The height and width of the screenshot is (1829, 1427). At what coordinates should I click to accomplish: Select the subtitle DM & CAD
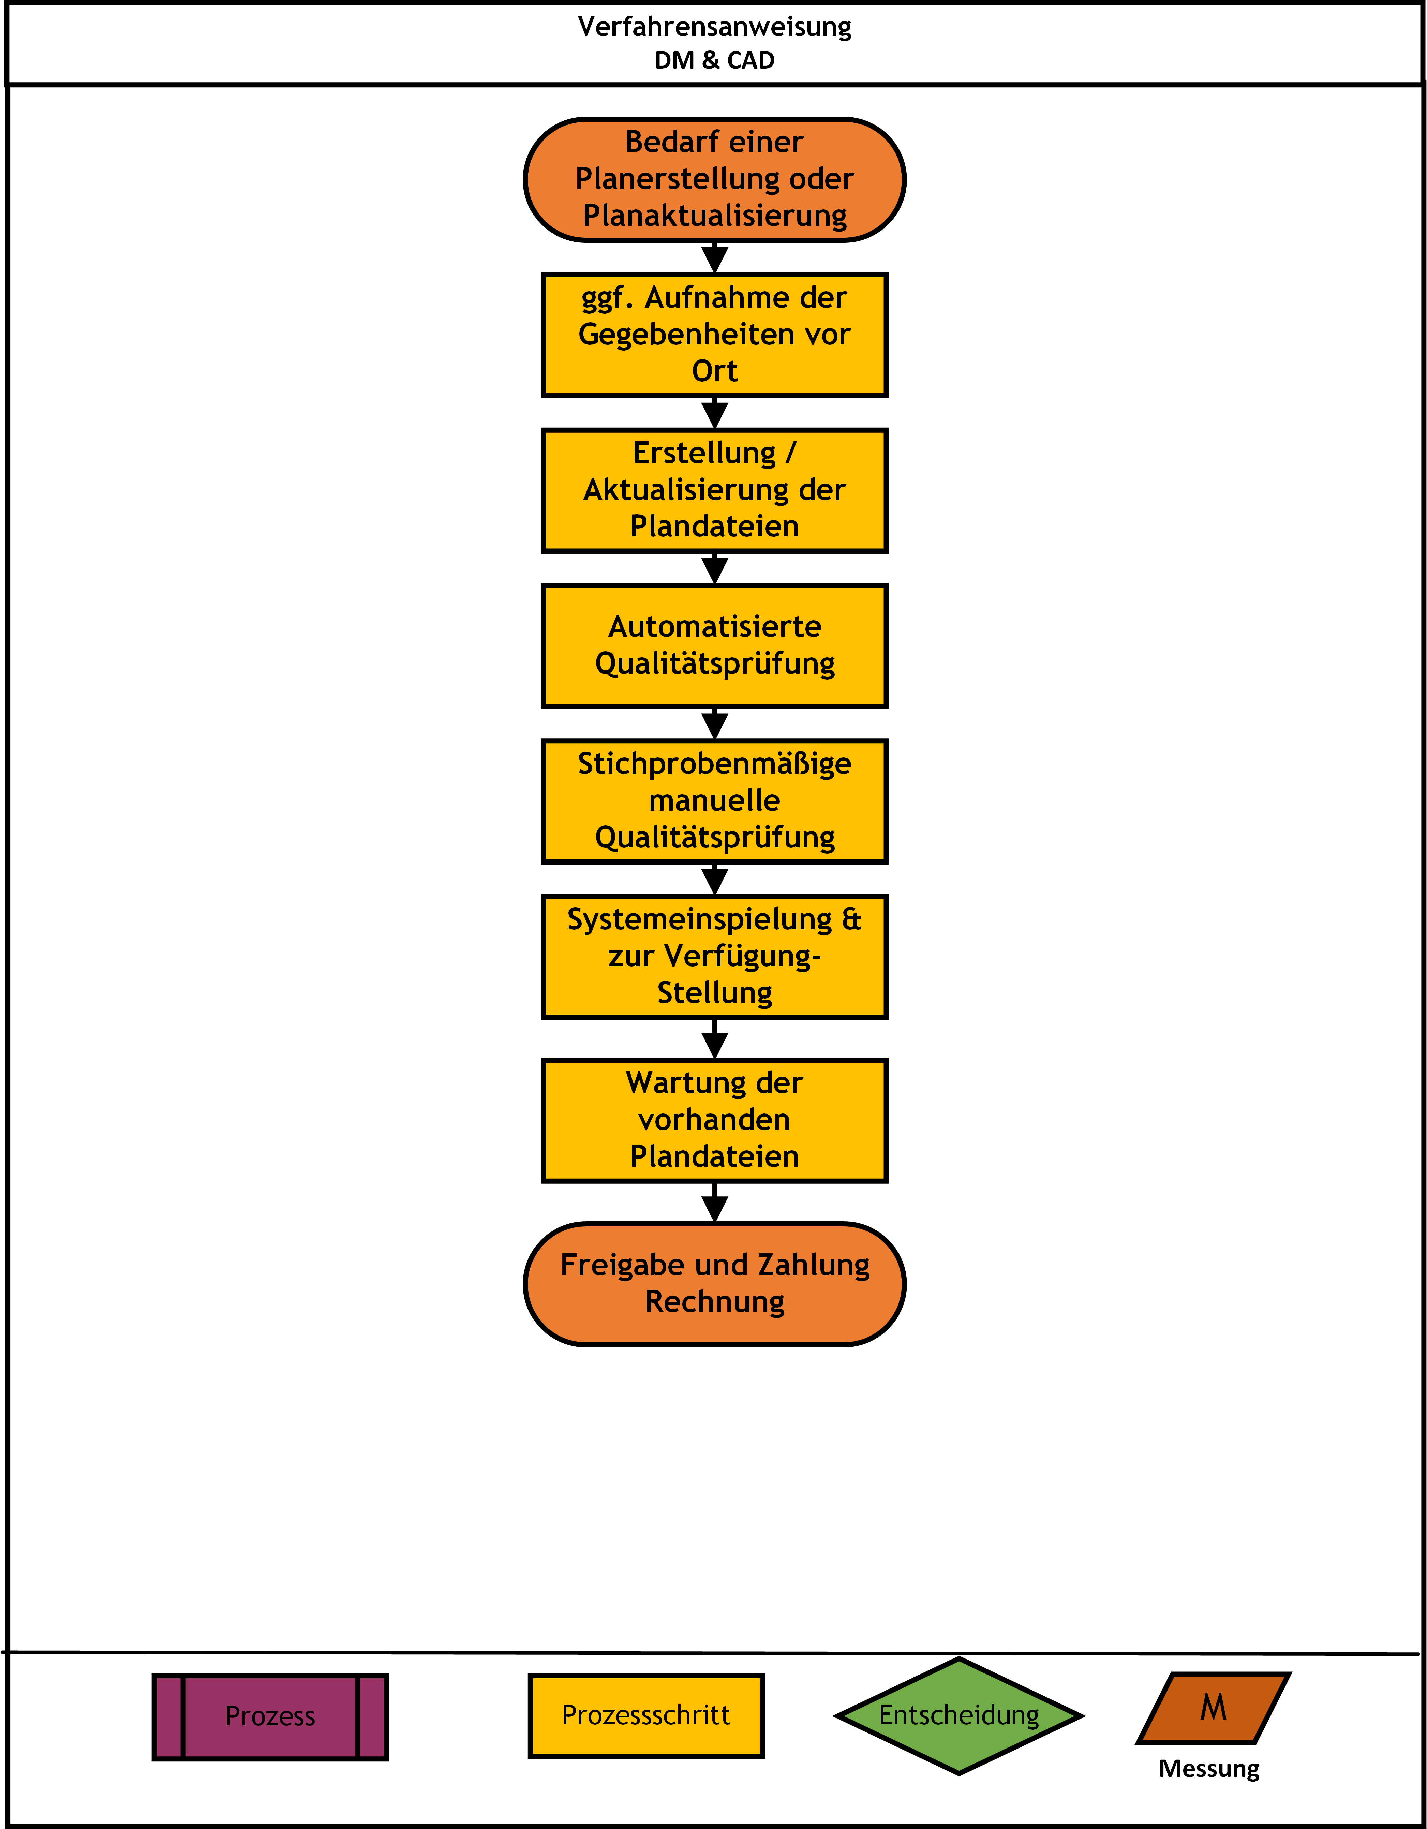tap(714, 60)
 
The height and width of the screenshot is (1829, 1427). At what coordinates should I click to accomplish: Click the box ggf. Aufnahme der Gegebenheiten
tap(714, 335)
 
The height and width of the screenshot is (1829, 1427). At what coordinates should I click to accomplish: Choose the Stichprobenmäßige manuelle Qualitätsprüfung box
tap(714, 801)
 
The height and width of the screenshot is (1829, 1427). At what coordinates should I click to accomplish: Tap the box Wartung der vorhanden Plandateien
tap(714, 1121)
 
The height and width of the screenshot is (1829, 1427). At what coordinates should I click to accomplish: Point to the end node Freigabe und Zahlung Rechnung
tap(714, 1284)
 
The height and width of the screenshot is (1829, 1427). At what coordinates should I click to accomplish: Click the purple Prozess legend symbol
tap(270, 1716)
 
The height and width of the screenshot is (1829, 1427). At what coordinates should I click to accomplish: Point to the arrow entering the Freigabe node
tap(714, 1203)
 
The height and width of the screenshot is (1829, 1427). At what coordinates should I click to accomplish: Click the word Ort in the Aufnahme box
tap(714, 371)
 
